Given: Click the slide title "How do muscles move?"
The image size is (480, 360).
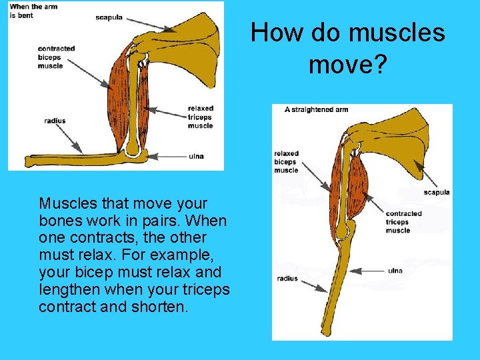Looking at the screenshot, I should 348,47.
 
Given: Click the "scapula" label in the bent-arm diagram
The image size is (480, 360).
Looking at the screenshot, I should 109,17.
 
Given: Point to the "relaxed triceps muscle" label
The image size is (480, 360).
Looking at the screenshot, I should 200,117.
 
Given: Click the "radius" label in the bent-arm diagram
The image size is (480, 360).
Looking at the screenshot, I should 55,121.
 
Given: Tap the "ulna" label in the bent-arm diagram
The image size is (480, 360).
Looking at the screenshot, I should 196,157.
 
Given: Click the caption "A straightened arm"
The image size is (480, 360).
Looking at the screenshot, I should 316,109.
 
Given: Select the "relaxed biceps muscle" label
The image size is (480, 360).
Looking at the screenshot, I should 286,162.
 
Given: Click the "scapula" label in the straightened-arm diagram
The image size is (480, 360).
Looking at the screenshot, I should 436,193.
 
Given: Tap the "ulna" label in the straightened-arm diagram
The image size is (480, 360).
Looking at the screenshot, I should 395,271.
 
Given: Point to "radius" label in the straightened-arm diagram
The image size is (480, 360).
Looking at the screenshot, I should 287,279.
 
